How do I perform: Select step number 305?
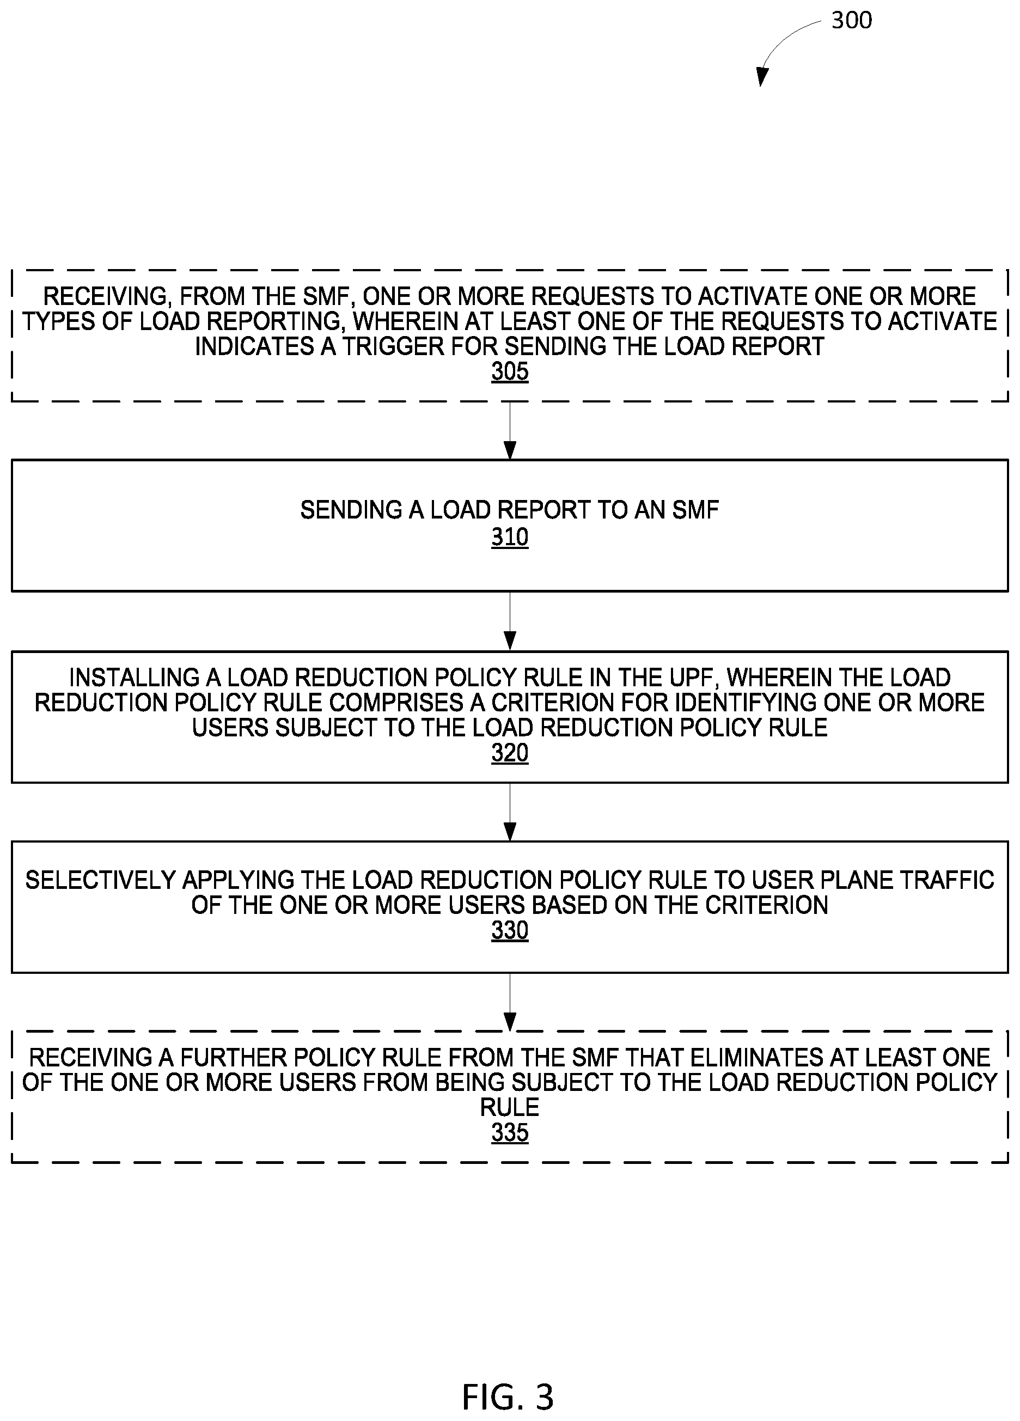[509, 371]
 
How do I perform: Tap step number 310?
[509, 537]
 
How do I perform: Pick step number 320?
[509, 753]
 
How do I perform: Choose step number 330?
[509, 930]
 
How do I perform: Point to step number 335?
[509, 1133]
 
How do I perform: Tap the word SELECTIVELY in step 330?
[100, 880]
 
